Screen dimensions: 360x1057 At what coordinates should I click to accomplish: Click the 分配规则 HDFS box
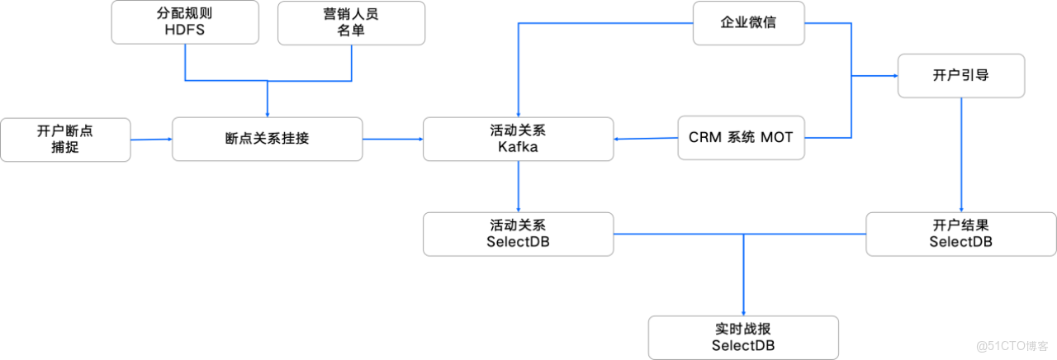[183, 22]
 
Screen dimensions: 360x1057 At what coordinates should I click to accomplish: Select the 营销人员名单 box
[353, 22]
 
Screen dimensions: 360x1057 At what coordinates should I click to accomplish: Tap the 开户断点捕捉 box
[65, 139]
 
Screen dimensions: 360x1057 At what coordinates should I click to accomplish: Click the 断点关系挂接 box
[267, 139]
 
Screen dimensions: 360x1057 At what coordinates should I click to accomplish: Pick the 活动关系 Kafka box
[518, 139]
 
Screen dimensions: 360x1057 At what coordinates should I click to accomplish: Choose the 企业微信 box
[747, 22]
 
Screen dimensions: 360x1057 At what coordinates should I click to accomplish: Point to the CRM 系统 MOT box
[740, 139]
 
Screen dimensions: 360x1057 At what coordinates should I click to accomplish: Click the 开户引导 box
[961, 75]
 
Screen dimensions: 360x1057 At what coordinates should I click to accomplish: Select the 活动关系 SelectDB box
[518, 233]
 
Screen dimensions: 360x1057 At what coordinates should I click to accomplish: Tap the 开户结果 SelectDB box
[960, 233]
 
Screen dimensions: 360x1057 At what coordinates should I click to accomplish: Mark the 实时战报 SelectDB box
[743, 337]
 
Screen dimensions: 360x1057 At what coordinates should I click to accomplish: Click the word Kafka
[518, 147]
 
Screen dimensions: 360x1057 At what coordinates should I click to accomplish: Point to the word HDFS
[183, 31]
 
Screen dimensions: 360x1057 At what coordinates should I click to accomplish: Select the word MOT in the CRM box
[777, 139]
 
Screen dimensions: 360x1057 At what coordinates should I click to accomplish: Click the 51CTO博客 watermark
[1012, 343]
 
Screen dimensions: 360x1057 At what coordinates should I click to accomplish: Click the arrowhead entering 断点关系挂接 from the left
[168, 140]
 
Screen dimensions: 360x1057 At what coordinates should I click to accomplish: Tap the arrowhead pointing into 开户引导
[894, 75]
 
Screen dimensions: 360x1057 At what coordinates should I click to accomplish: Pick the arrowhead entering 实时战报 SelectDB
[743, 311]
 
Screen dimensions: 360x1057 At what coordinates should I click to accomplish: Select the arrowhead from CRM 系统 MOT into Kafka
[618, 139]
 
